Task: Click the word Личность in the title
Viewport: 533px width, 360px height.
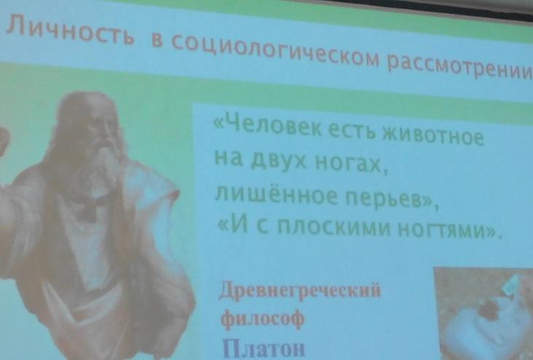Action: [x=70, y=31]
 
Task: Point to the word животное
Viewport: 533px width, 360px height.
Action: [x=433, y=135]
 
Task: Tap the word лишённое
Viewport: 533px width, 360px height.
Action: [x=276, y=195]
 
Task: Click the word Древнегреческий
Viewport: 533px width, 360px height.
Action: [x=300, y=290]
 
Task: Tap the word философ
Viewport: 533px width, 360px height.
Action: [x=262, y=318]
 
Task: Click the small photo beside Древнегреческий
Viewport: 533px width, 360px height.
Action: [x=483, y=313]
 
